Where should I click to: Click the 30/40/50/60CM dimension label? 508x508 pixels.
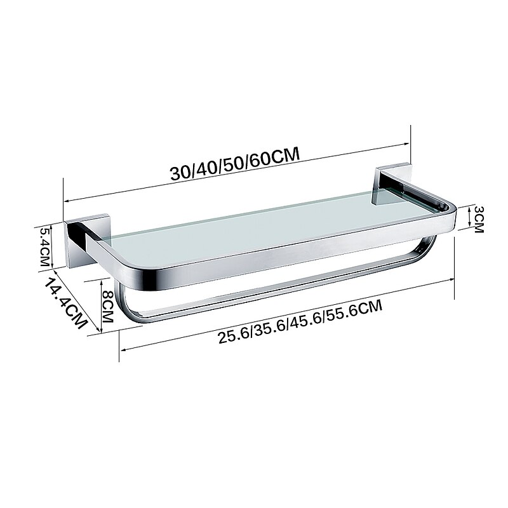[x=234, y=164]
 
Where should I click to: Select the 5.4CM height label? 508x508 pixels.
[x=45, y=246]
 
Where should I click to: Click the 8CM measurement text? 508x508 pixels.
[x=107, y=306]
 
